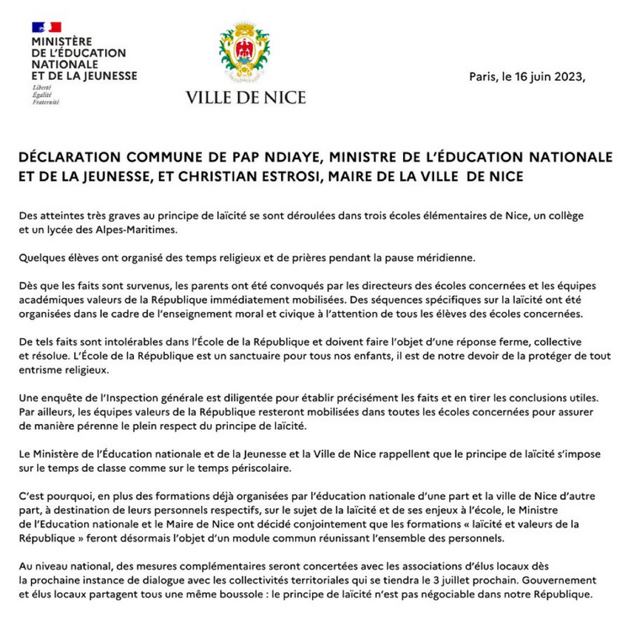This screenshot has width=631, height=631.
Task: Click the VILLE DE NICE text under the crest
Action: click(x=246, y=98)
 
